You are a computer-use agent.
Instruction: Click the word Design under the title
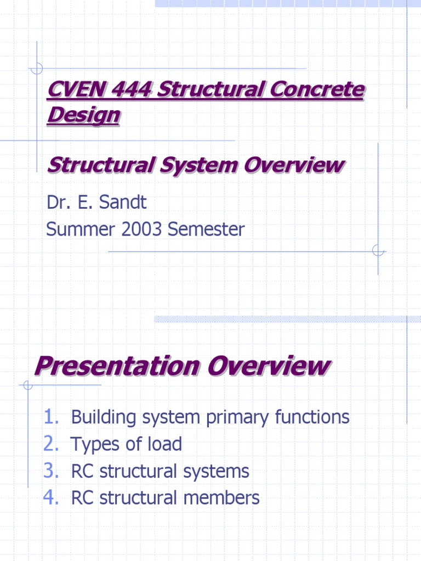83,116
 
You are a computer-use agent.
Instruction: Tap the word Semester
206,229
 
